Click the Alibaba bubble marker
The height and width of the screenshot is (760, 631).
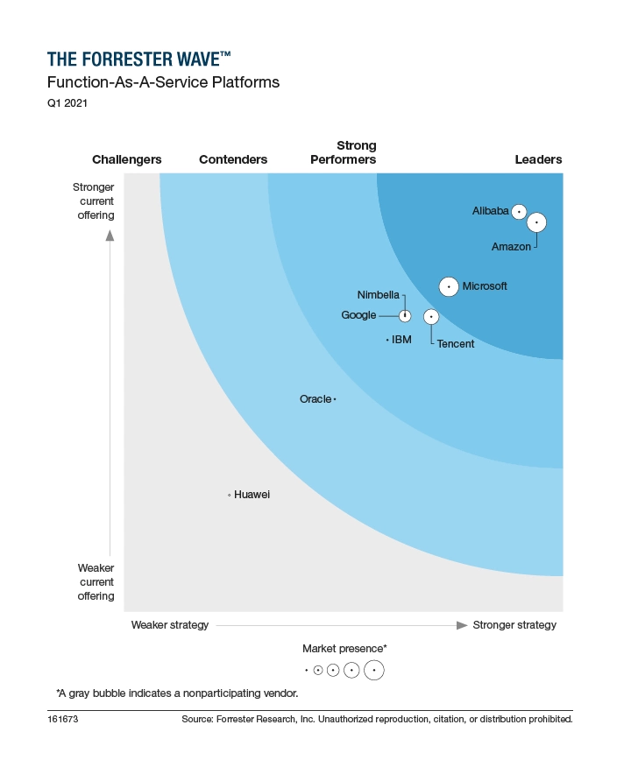click(519, 211)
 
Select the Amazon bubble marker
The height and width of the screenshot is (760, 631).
click(536, 223)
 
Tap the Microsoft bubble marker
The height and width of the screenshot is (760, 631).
click(449, 286)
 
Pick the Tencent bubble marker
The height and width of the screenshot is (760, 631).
click(430, 316)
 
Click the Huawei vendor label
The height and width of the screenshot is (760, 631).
click(252, 495)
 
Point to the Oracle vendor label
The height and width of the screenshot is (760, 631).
click(315, 399)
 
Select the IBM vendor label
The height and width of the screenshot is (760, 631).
click(401, 340)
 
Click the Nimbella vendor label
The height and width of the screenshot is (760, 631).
click(379, 294)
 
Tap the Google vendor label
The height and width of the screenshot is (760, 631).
click(358, 315)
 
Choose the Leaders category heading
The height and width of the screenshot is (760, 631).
click(538, 159)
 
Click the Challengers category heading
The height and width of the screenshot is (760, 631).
click(127, 159)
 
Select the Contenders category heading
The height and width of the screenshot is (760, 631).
click(233, 159)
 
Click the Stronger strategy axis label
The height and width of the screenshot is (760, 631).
click(514, 625)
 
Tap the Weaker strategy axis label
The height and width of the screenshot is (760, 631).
click(170, 625)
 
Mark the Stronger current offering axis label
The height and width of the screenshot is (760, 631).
click(94, 201)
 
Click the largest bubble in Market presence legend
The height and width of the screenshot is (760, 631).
click(374, 671)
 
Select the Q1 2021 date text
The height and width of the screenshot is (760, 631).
click(67, 103)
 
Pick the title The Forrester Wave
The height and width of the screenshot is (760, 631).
click(139, 60)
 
